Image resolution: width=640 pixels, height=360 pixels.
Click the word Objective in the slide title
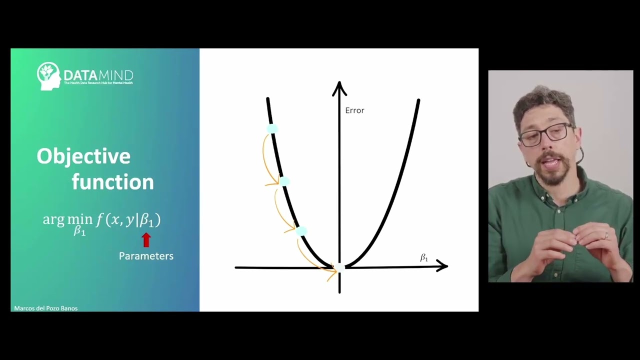(x=83, y=156)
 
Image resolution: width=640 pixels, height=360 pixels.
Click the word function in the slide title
(x=112, y=182)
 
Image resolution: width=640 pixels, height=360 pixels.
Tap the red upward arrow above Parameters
(x=146, y=240)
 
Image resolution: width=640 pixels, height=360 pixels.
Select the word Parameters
(x=146, y=256)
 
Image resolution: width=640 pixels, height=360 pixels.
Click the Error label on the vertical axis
(x=354, y=110)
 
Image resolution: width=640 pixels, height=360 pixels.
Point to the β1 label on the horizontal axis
(x=424, y=258)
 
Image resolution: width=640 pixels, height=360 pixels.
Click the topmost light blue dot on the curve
(x=272, y=129)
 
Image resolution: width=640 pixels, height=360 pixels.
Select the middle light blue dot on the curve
(x=284, y=181)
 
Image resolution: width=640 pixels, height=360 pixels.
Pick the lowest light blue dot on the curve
(x=301, y=231)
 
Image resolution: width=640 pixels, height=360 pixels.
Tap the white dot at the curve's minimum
(x=339, y=268)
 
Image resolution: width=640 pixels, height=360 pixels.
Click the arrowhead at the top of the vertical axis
(x=339, y=88)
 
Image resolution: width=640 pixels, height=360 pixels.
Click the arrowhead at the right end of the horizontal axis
(x=442, y=266)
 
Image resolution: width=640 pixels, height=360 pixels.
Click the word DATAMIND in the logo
(x=98, y=75)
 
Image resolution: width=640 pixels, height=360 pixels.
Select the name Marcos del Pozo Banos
(x=46, y=308)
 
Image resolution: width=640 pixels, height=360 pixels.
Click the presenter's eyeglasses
(x=546, y=134)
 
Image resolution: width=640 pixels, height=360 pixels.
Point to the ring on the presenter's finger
(x=606, y=235)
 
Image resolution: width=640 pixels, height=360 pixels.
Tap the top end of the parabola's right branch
(x=418, y=101)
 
